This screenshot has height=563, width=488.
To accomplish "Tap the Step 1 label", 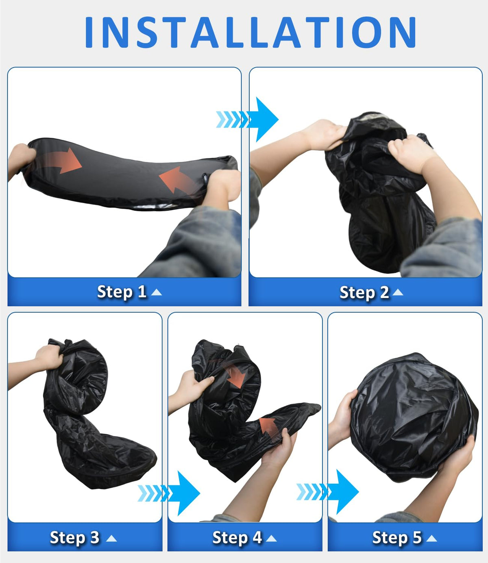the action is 122,292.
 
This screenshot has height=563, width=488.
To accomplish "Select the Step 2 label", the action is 364,292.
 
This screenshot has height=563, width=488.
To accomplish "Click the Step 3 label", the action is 75,537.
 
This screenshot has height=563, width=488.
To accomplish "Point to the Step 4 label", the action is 237,537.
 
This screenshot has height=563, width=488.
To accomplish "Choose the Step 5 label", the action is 397,537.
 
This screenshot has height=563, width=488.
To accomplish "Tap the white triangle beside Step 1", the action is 157,292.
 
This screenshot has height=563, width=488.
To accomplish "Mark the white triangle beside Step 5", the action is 431,538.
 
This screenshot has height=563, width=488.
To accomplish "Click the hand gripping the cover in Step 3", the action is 49,358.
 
